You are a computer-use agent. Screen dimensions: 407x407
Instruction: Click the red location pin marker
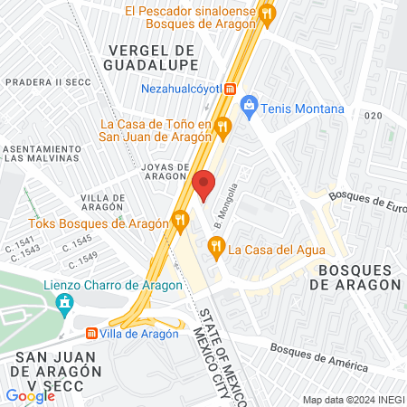tap(204, 185)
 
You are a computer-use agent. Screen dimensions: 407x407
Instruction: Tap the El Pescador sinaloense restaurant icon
tap(266, 14)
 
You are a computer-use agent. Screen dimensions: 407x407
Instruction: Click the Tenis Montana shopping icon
tap(251, 109)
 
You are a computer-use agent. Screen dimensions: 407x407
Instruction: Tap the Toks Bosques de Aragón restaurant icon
tap(181, 220)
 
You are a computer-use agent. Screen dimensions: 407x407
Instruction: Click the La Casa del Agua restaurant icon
tap(216, 244)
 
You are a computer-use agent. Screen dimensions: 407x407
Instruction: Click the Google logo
tap(30, 395)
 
